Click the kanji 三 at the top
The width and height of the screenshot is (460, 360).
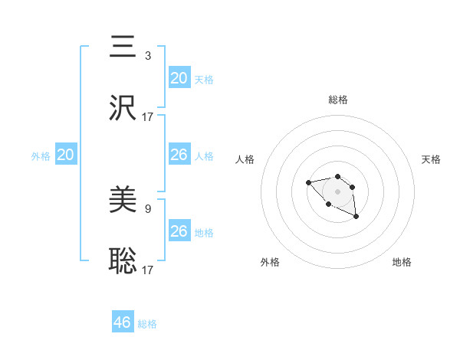click(123, 47)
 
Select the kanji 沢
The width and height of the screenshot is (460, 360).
click(123, 108)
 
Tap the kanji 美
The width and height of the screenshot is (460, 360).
click(123, 200)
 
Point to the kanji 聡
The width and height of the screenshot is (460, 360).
click(123, 261)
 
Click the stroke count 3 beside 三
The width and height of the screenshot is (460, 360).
click(148, 56)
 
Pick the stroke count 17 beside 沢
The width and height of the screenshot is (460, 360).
click(148, 117)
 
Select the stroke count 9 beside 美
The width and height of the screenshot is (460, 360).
click(148, 208)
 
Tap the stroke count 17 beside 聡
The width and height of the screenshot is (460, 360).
click(148, 270)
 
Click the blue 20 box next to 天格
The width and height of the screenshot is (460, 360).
click(179, 78)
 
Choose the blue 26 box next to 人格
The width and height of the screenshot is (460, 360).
click(179, 155)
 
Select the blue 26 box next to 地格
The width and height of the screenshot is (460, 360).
click(179, 231)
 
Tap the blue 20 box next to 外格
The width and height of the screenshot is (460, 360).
click(66, 155)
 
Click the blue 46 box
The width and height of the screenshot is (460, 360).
click(123, 322)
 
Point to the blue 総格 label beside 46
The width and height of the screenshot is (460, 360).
click(147, 324)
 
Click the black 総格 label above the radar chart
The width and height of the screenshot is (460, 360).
click(337, 100)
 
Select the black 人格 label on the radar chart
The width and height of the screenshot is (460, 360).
click(245, 159)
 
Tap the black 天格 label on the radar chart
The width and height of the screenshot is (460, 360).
click(431, 159)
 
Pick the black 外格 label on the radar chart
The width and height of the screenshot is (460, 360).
click(269, 262)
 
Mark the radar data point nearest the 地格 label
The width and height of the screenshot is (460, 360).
click(356, 218)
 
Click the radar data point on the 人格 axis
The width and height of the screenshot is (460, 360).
click(308, 182)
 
